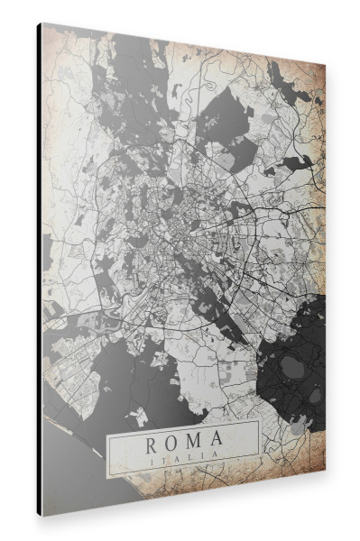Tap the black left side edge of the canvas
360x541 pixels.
point(39,270)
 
